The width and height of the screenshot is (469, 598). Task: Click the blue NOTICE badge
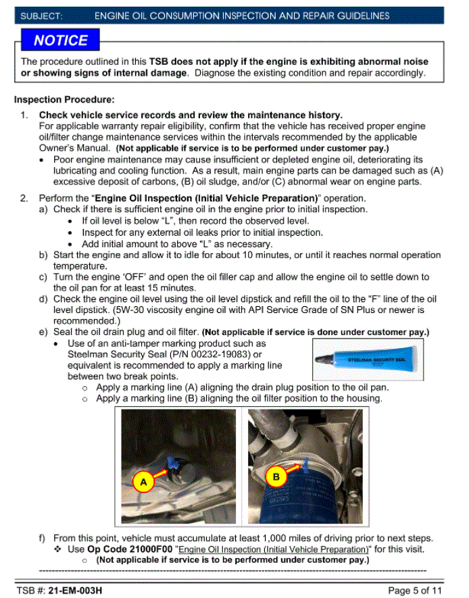click(61, 41)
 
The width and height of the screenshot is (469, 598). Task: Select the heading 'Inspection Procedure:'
click(64, 100)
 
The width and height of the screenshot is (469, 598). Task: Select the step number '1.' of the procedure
click(24, 116)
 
